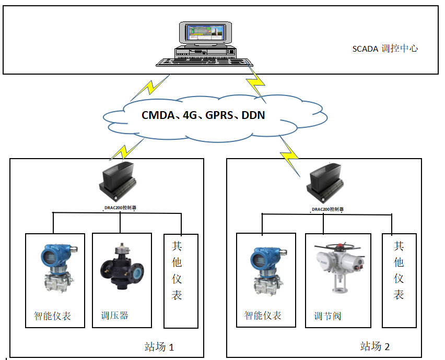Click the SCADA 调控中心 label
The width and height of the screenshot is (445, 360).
tap(385, 49)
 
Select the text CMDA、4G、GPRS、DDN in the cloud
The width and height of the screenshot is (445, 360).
tap(203, 115)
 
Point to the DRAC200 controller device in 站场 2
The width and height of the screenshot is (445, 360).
tap(327, 185)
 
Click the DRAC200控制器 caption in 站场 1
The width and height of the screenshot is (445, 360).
tap(121, 208)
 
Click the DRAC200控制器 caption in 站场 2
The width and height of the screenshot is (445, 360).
tap(327, 209)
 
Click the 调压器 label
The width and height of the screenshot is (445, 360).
tap(115, 315)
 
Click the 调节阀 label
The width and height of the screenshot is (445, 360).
tap(328, 316)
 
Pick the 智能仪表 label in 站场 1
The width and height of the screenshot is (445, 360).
tap(52, 316)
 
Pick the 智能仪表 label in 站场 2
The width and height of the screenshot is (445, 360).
tap(263, 315)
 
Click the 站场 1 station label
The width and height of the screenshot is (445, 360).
tap(159, 346)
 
